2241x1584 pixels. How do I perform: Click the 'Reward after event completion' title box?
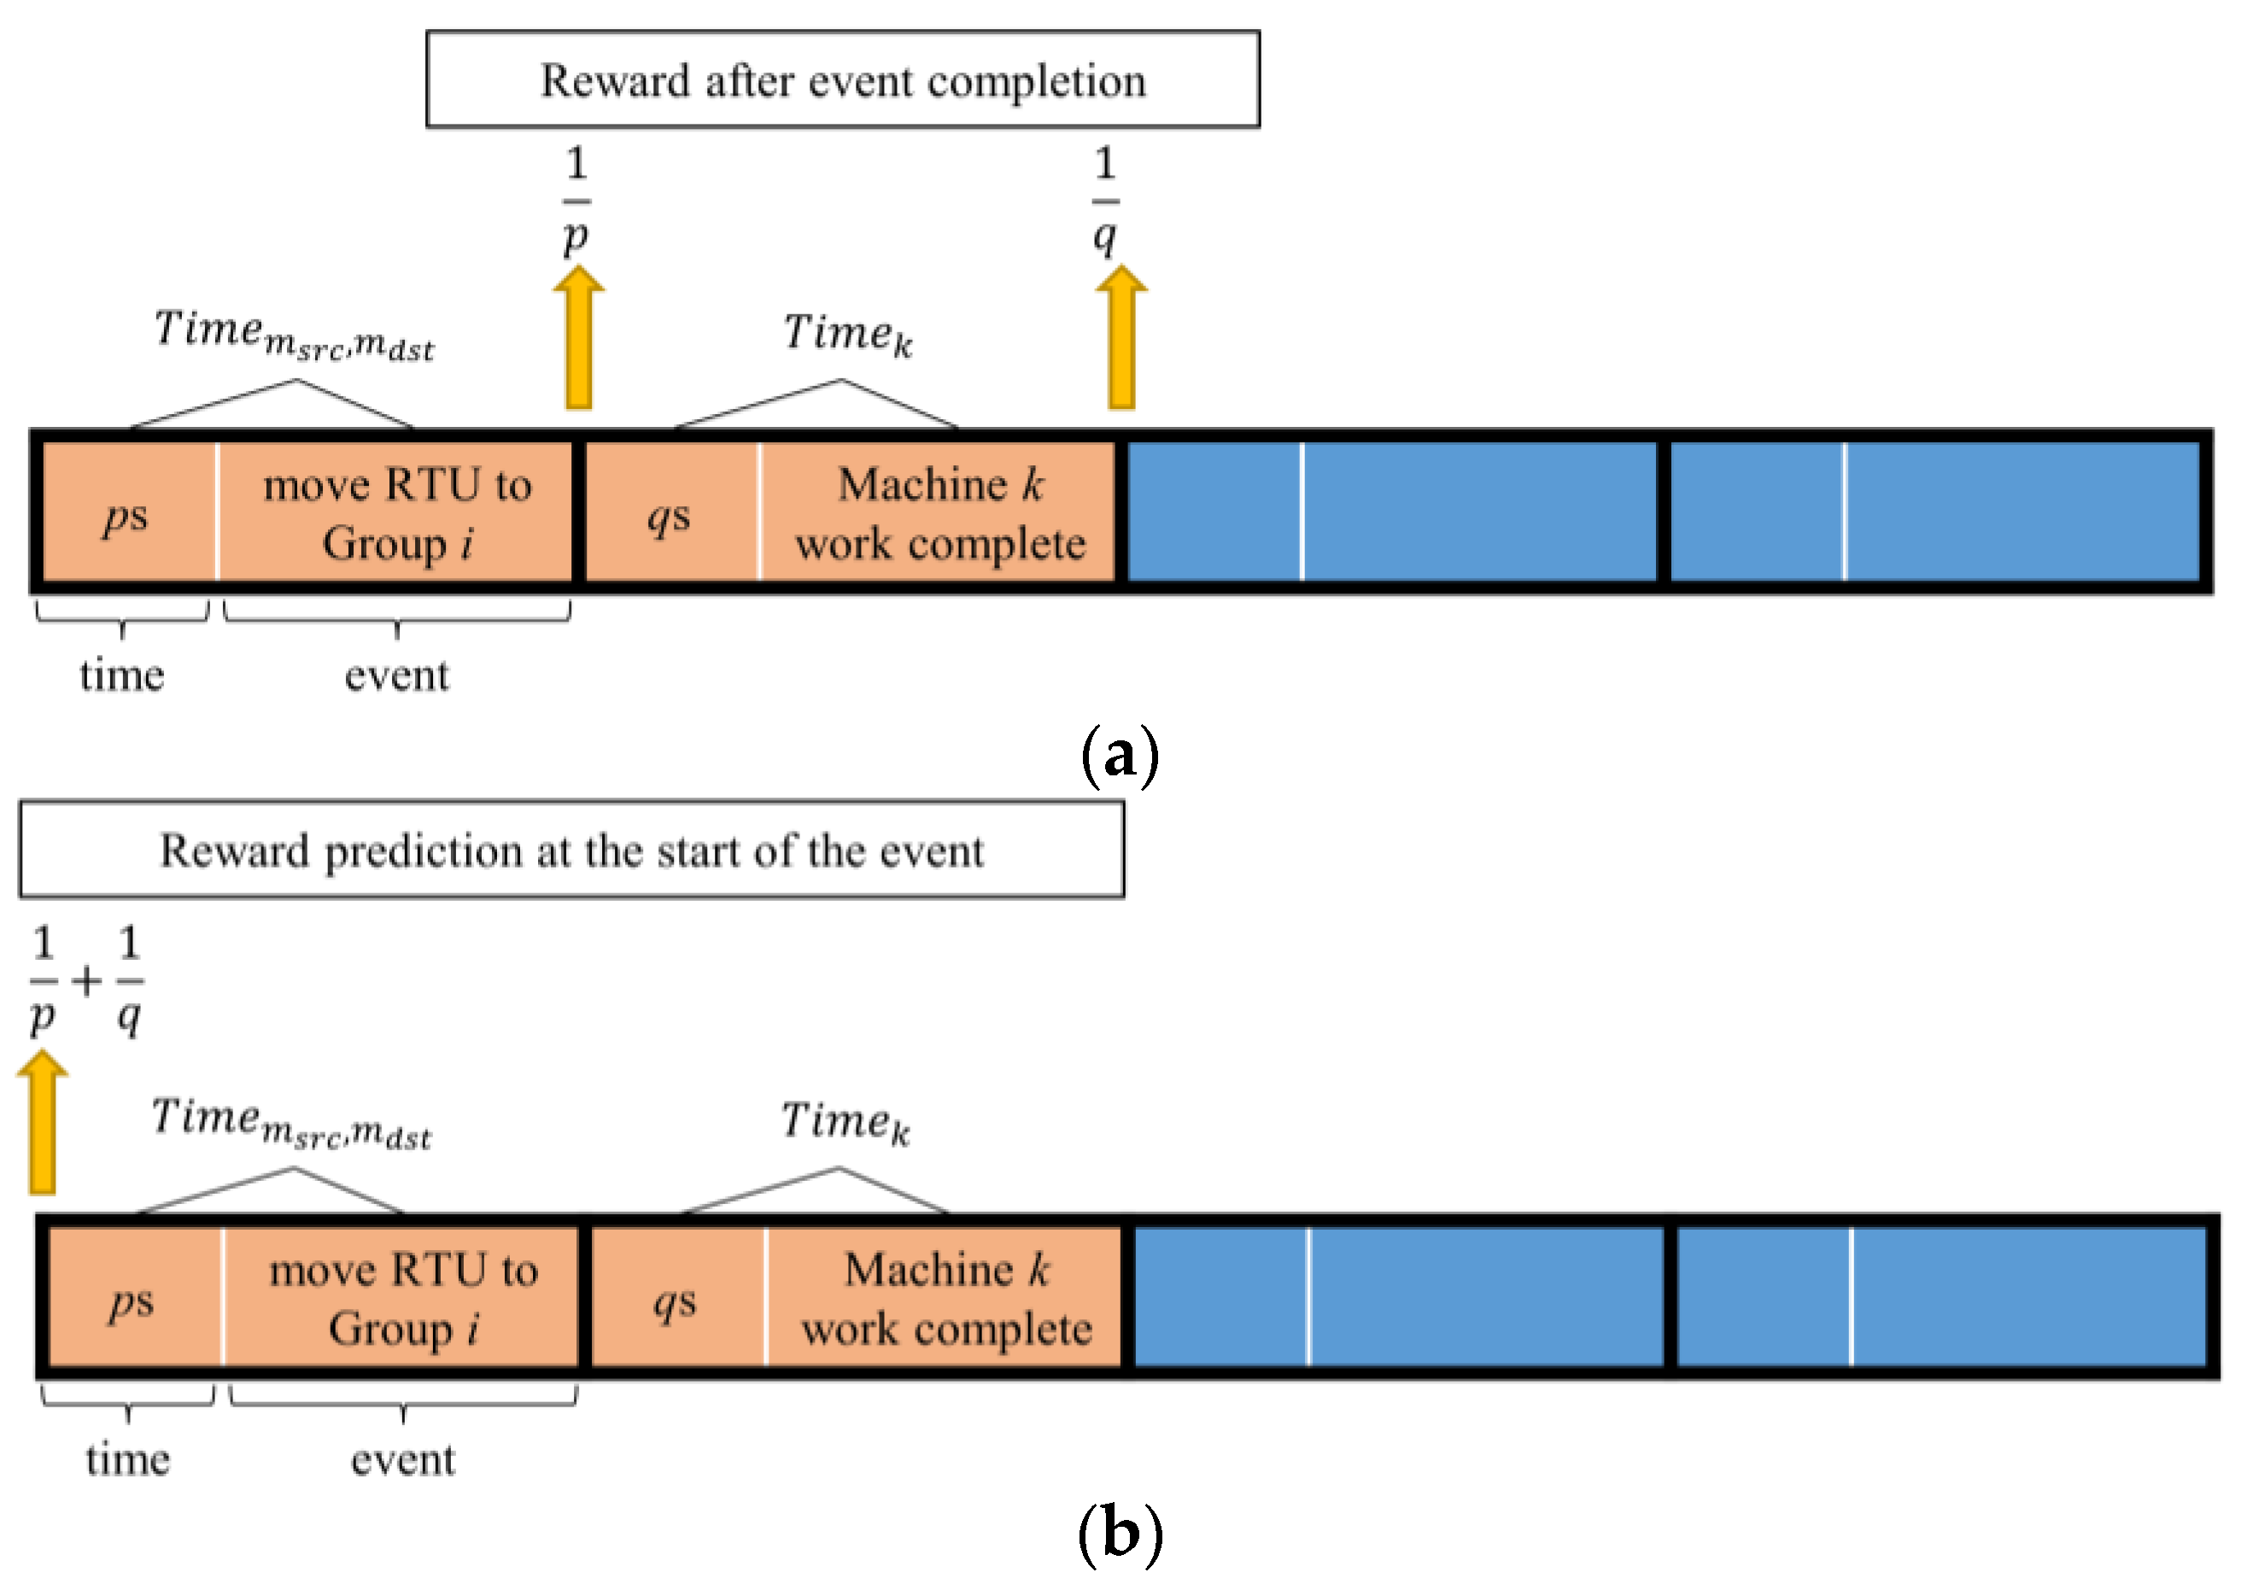click(x=842, y=80)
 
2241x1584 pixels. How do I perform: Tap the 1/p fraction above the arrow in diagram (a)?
click(x=576, y=200)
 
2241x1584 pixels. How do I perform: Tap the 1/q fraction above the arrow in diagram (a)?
click(x=1105, y=200)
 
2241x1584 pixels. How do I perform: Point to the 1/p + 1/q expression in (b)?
click(x=86, y=981)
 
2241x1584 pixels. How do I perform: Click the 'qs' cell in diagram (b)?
click(x=676, y=1298)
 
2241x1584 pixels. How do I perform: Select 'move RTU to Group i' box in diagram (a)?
click(x=396, y=512)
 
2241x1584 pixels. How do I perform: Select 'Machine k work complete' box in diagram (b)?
click(x=945, y=1298)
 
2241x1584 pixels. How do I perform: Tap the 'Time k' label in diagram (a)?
click(x=847, y=334)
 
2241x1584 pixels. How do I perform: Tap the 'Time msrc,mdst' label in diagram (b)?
click(x=291, y=1122)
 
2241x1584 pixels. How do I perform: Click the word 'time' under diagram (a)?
click(x=122, y=675)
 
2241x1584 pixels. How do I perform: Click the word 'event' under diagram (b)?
click(x=402, y=1460)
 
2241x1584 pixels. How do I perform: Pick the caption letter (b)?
click(x=1120, y=1534)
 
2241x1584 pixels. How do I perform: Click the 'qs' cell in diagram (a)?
click(x=670, y=512)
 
